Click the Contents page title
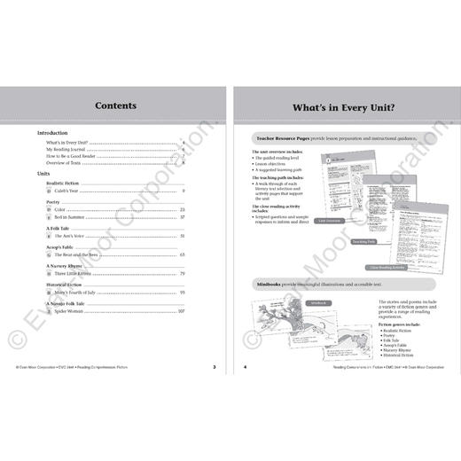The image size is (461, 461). [x=115, y=105]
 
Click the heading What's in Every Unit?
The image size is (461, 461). [x=346, y=105]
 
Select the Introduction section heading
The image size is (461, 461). [x=58, y=133]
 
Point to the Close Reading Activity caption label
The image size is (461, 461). [x=387, y=265]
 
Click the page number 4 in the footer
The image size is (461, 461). [x=245, y=365]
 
